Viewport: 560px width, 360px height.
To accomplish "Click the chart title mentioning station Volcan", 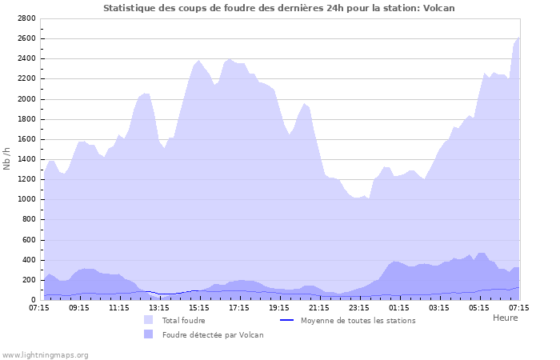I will click(279, 8).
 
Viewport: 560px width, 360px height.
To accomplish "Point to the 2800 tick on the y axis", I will click(26, 18).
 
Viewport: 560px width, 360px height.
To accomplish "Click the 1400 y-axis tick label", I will click(26, 159).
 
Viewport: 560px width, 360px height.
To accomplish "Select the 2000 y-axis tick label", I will click(26, 99).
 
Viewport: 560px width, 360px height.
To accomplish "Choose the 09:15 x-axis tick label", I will click(79, 306).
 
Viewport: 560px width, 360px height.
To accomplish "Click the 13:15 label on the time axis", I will click(159, 306).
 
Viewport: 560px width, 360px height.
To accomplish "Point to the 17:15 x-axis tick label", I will click(239, 306).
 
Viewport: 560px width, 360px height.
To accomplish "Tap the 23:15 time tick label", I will click(359, 306).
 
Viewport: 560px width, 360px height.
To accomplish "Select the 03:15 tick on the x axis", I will click(439, 306).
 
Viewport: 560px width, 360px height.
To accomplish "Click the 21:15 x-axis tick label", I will click(319, 306).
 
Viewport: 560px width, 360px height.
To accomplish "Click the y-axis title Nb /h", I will click(7, 158).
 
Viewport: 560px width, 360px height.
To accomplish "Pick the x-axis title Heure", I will click(505, 318).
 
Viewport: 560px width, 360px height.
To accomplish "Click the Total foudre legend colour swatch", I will click(149, 321).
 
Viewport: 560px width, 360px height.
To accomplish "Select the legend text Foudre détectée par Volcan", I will click(213, 335).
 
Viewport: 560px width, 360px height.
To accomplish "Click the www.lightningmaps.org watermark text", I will click(45, 355).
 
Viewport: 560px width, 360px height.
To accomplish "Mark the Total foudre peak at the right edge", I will click(518, 38).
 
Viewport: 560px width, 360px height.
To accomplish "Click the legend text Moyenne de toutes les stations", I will click(358, 321).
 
